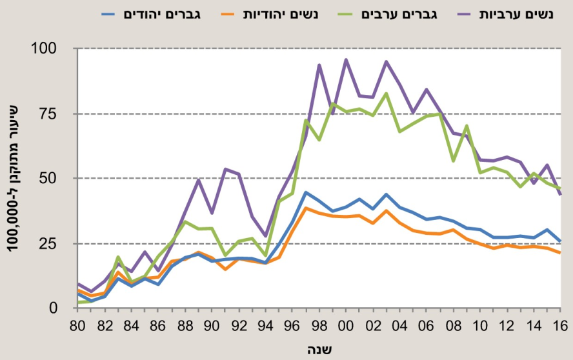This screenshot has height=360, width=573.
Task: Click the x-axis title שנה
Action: [x=319, y=348]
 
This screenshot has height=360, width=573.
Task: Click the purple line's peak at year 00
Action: [x=346, y=60]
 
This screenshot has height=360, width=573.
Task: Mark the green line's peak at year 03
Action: [x=386, y=94]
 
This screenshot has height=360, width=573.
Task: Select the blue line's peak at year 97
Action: [x=306, y=192]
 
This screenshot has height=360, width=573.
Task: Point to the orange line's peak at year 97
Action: [x=306, y=208]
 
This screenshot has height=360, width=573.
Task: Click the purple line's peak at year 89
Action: [x=199, y=180]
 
